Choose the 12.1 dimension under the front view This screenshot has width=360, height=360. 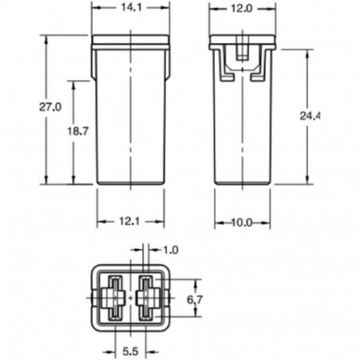131,222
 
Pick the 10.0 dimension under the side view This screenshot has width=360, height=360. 242,222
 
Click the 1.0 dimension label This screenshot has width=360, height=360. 170,250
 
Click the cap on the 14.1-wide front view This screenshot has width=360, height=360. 131,40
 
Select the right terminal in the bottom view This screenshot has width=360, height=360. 147,299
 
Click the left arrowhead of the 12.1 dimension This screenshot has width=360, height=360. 100,222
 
